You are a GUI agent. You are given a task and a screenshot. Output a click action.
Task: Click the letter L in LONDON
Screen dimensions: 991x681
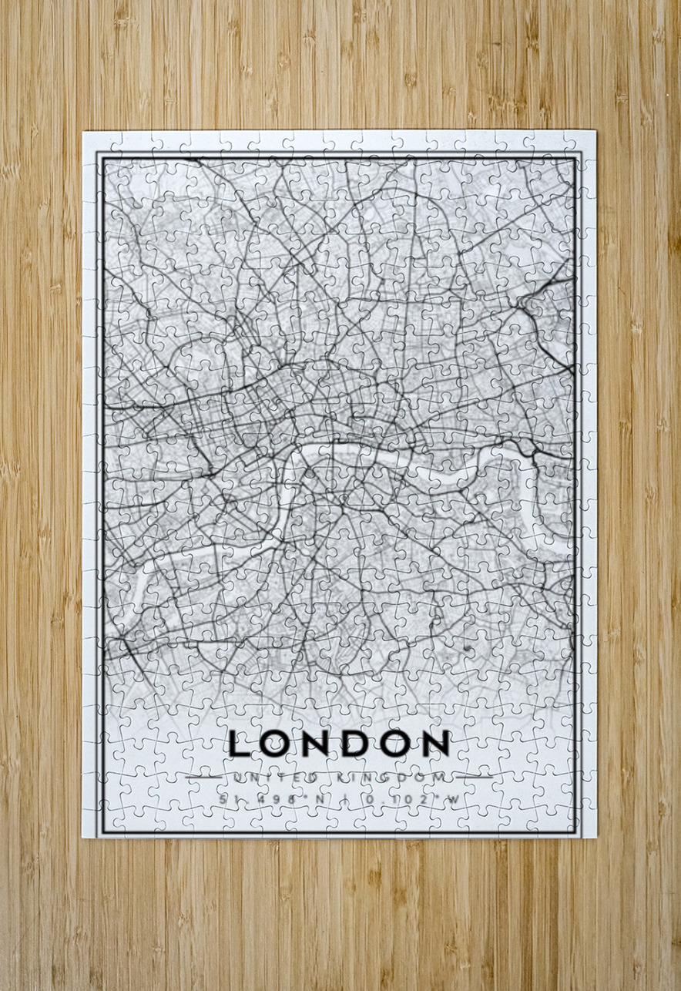[240, 743]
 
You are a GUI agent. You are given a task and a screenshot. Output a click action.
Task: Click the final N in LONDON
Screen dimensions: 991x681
[436, 743]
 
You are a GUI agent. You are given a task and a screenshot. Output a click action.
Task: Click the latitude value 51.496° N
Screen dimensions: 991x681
[270, 799]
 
